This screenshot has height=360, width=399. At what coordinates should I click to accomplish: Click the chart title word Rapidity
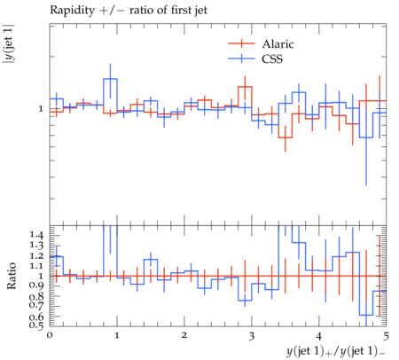73,11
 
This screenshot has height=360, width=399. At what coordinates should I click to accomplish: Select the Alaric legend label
278,43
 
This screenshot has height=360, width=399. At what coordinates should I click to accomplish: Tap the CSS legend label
272,59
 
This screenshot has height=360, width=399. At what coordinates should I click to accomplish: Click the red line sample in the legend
241,43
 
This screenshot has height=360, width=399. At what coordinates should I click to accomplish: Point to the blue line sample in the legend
241,59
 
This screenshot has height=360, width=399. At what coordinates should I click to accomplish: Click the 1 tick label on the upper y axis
41,109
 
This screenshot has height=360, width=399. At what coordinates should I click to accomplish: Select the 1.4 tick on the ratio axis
36,235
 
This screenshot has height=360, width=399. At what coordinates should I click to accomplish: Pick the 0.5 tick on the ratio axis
36,325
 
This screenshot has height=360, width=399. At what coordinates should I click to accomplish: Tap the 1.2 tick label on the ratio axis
36,256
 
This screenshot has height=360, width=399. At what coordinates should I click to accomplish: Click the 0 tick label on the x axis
50,335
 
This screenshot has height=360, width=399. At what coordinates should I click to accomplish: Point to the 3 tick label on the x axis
252,336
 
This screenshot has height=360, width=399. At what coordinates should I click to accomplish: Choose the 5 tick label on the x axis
386,336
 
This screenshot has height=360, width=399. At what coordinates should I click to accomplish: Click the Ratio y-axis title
12,276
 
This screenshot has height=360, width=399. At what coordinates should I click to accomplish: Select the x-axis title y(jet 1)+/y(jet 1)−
336,351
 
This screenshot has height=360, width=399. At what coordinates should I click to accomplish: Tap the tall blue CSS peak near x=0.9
110,79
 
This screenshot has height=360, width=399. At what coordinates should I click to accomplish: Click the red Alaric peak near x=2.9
245,87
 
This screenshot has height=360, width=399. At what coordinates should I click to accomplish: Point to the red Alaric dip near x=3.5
286,137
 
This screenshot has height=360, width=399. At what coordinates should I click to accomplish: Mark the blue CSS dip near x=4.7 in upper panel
366,137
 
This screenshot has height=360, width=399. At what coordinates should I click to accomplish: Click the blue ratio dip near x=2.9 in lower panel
245,301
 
